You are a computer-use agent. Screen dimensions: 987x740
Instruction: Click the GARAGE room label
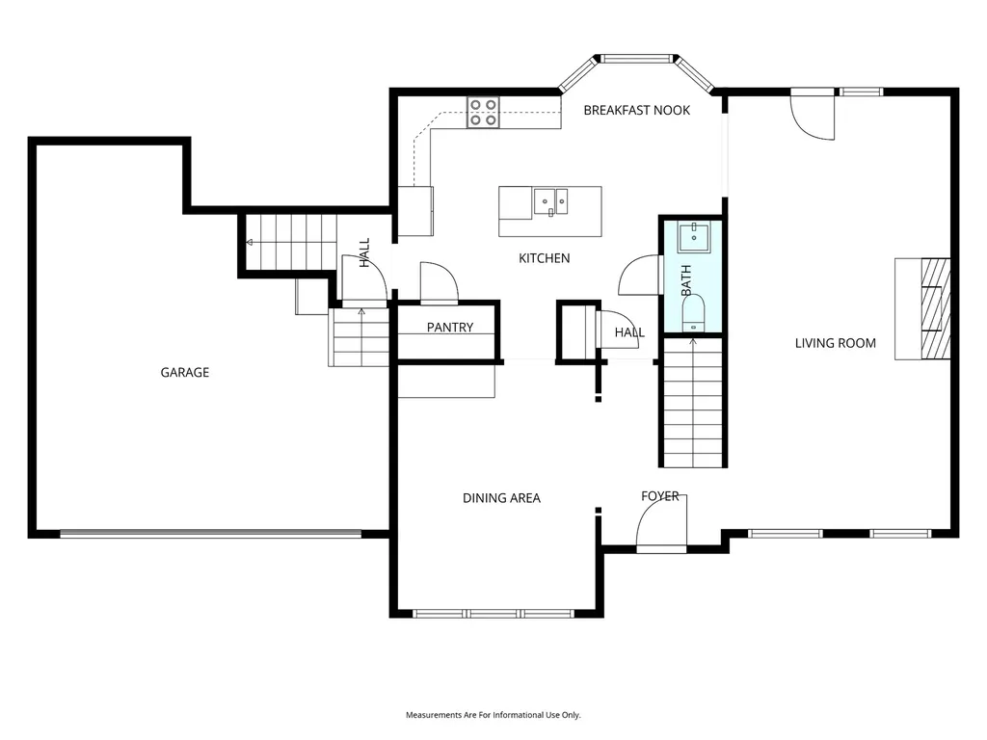coord(184,373)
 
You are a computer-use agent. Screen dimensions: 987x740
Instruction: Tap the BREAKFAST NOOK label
coord(636,110)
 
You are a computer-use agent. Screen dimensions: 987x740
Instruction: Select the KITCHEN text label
coord(544,258)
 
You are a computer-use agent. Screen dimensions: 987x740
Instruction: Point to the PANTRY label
coord(449,328)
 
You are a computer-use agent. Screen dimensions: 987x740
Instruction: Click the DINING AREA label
coord(501,498)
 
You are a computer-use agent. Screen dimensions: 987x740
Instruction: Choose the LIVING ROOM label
coord(836,343)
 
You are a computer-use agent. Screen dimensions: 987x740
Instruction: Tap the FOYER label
coord(659,496)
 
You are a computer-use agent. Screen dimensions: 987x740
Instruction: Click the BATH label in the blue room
coord(686,280)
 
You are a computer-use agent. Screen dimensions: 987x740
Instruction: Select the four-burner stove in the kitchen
coord(483,113)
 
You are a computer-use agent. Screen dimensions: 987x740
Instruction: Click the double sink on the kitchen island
coord(550,202)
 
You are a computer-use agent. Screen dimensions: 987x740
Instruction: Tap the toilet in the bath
coord(693,313)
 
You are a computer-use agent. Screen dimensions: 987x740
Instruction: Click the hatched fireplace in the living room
coord(935,308)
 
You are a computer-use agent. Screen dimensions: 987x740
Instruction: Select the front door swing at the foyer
coord(661,521)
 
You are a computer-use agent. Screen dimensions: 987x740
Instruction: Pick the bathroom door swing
coord(640,275)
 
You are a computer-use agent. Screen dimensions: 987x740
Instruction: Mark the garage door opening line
coord(211,534)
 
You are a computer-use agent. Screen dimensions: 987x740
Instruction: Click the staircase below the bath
coord(693,403)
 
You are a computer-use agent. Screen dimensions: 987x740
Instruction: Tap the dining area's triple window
coord(493,614)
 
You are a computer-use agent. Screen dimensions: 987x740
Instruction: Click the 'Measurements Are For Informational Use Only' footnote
coord(493,715)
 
